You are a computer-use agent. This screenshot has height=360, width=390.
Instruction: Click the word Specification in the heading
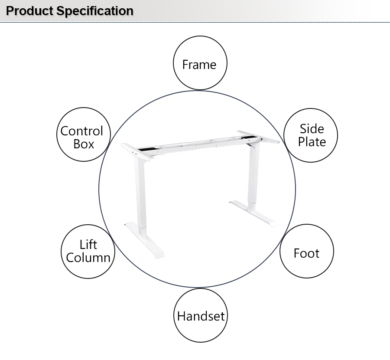95,11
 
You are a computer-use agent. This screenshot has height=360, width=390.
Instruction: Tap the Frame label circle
200,64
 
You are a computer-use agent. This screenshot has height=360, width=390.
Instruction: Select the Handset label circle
201,316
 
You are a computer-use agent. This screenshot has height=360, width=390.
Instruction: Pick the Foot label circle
306,253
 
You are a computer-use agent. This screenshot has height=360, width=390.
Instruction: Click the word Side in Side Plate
312,129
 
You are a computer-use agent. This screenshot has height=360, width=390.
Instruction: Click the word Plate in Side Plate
312,142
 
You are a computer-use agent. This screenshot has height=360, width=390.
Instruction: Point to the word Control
82,131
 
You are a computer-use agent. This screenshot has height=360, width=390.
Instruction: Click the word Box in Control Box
84,144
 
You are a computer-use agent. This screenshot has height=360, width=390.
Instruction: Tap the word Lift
88,245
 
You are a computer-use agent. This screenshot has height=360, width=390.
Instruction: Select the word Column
88,258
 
